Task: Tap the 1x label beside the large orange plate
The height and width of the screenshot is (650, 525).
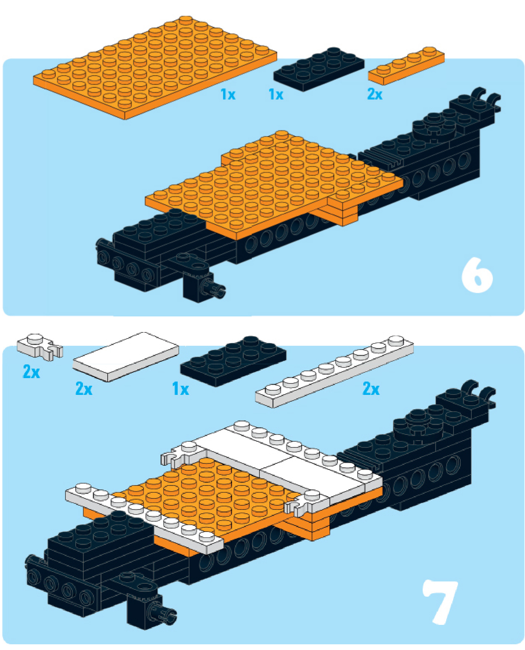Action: click(x=228, y=94)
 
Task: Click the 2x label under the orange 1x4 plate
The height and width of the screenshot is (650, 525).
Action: click(x=374, y=94)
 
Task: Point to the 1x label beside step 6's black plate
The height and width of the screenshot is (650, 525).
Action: click(x=276, y=94)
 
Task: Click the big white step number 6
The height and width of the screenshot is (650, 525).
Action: click(x=477, y=275)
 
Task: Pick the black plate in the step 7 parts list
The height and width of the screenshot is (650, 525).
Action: click(x=233, y=360)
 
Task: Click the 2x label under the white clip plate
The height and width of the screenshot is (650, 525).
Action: click(x=31, y=372)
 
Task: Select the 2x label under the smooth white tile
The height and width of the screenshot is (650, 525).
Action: click(x=84, y=389)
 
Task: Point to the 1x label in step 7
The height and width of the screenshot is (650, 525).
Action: click(x=180, y=389)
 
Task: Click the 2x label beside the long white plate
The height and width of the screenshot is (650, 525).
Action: click(x=371, y=389)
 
